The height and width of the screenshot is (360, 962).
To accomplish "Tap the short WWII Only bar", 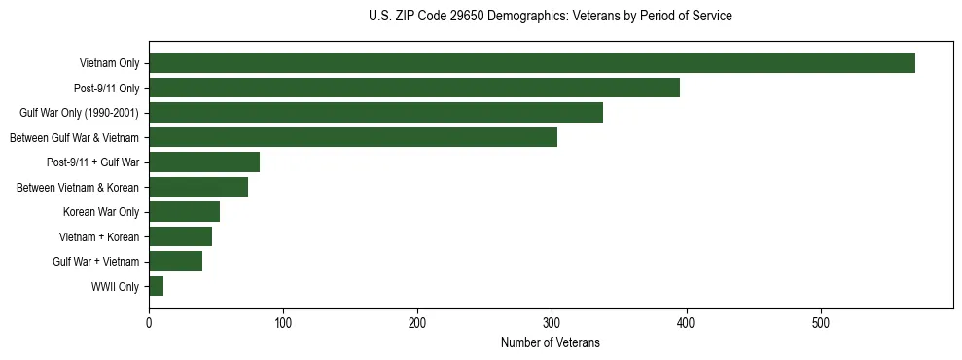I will [157, 286].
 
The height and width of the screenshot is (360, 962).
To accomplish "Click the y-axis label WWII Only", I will [115, 287].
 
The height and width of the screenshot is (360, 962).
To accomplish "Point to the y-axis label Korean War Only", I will [101, 212].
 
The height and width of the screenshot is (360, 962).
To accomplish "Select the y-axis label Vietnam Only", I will [109, 64].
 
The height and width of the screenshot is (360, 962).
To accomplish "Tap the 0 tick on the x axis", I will [149, 321].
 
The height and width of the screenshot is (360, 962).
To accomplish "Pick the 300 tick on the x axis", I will [552, 321].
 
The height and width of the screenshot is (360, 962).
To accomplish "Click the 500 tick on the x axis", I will [820, 321].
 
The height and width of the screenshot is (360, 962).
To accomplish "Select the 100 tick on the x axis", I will [283, 321].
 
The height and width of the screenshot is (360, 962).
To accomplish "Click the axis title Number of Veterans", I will [550, 342].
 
